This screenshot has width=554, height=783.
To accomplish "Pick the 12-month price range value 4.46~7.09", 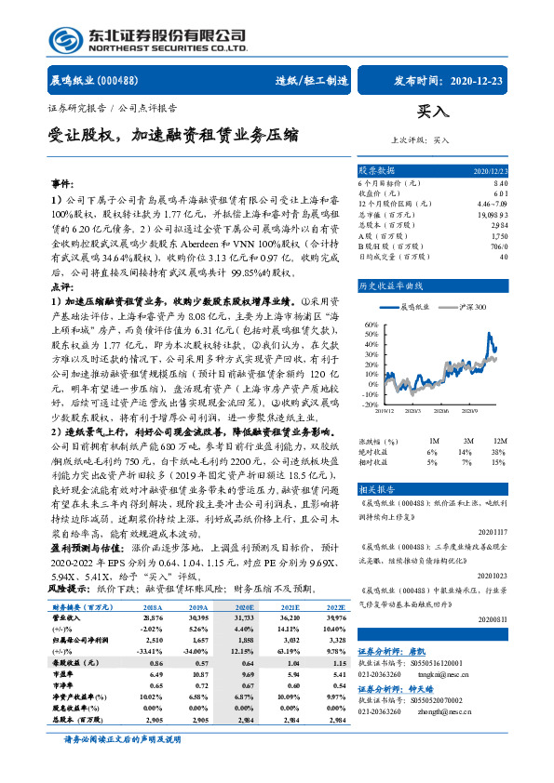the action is point(493,203).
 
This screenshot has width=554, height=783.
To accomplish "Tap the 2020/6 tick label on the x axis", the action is point(440,410).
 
